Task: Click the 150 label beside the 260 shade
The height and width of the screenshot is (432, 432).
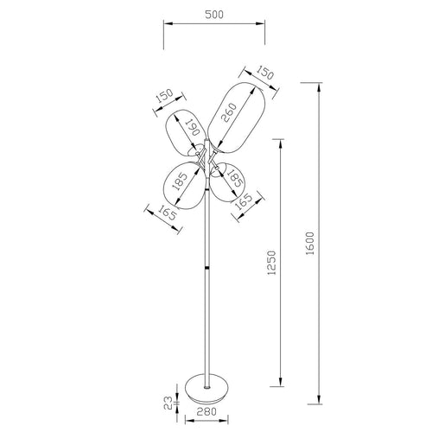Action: click(266, 76)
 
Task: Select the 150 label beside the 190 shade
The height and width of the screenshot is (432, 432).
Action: click(162, 99)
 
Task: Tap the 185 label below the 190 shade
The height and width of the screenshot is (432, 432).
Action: click(180, 183)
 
